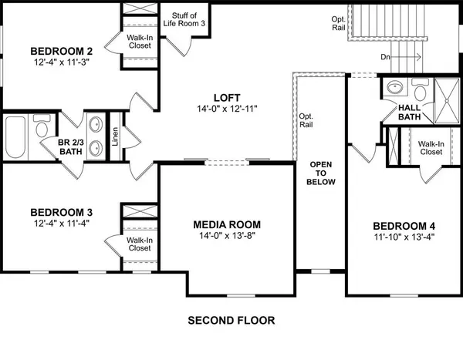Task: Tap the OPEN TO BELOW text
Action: click(322, 173)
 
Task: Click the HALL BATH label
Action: click(408, 113)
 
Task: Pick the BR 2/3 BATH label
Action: click(75, 147)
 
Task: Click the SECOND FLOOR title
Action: click(231, 320)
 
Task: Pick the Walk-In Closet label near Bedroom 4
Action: click(429, 148)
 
